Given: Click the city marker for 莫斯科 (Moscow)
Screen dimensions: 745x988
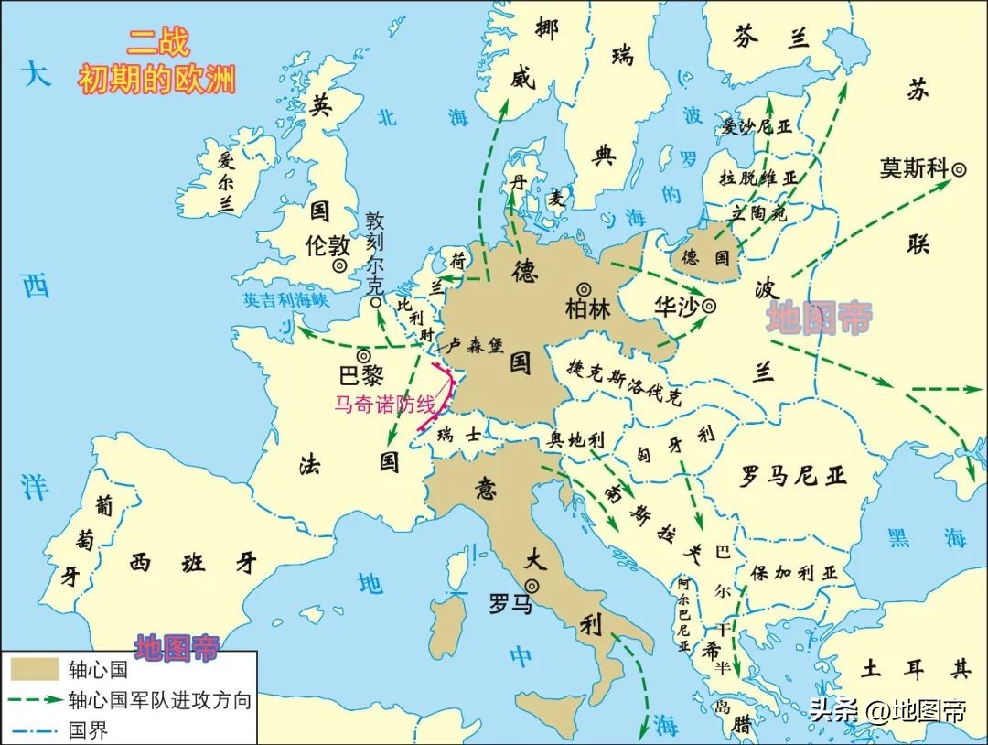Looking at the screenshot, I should [x=960, y=168].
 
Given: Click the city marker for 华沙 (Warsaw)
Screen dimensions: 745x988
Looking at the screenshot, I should [x=709, y=307].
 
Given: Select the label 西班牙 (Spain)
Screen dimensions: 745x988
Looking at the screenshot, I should [x=193, y=563].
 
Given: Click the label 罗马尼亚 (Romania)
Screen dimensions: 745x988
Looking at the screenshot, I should [x=794, y=476].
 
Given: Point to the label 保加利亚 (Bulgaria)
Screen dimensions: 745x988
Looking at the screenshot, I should [x=793, y=573].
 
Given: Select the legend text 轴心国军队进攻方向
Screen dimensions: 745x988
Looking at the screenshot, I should [x=159, y=701].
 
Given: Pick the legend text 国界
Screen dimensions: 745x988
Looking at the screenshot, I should [x=88, y=730].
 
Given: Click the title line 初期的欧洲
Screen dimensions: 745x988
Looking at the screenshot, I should [x=156, y=81].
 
